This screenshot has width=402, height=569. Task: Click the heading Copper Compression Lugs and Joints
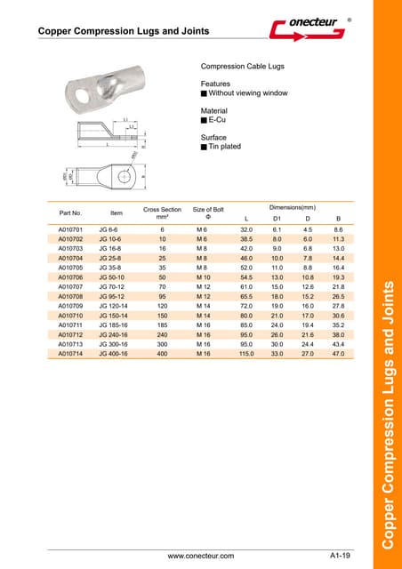(x=124, y=31)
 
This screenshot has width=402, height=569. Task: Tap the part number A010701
(x=70, y=229)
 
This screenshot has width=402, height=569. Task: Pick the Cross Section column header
(x=162, y=213)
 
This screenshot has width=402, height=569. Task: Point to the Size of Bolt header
(x=208, y=213)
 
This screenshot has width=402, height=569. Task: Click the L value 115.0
(x=246, y=354)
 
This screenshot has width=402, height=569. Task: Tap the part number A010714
(x=70, y=354)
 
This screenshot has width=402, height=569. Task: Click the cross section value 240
(x=162, y=335)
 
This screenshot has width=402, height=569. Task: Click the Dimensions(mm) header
(x=293, y=207)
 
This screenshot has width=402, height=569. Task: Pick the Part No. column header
(x=70, y=213)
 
